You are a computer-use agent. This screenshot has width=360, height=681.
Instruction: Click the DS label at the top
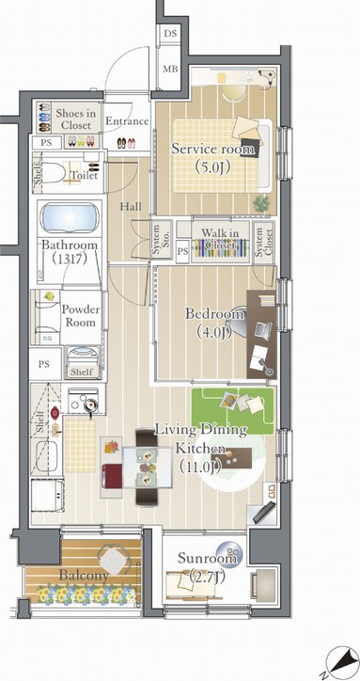pyautogui.click(x=170, y=34)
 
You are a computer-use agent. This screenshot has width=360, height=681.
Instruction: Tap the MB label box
pyautogui.click(x=170, y=69)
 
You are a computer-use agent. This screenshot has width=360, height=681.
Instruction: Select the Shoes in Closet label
pyautogui.click(x=74, y=119)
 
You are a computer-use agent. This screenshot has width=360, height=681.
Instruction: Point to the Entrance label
pyautogui.click(x=126, y=121)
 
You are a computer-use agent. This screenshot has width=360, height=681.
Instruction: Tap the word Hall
pyautogui.click(x=131, y=208)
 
